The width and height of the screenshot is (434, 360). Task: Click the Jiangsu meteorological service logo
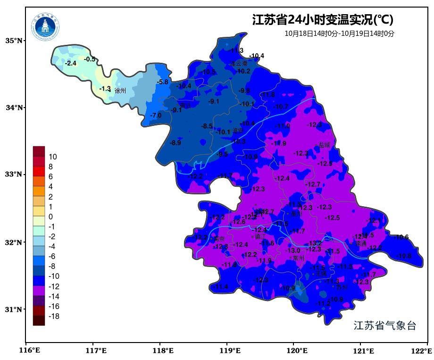point(46,27)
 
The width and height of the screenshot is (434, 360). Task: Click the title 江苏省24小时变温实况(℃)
point(323,20)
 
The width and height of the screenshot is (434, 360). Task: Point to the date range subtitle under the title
point(339,33)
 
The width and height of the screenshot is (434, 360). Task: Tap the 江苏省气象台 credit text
point(385,326)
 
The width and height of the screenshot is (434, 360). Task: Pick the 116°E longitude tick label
point(29,351)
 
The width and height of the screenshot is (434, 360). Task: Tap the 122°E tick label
point(422,351)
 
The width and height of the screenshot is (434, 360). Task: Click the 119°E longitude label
point(230,351)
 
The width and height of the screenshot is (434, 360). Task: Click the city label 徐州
point(120,91)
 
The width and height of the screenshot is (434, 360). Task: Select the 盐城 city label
point(324,145)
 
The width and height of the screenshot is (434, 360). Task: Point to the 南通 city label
point(361,244)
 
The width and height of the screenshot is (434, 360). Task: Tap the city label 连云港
point(239,63)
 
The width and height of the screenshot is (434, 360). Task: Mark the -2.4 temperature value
point(70,63)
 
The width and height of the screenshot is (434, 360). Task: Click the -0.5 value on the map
point(90,59)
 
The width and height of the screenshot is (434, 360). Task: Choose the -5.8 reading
point(163,82)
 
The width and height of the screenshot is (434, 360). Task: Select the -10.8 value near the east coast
point(404,256)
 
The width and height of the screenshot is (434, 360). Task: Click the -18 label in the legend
point(54,317)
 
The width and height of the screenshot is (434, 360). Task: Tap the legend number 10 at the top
point(53,157)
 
